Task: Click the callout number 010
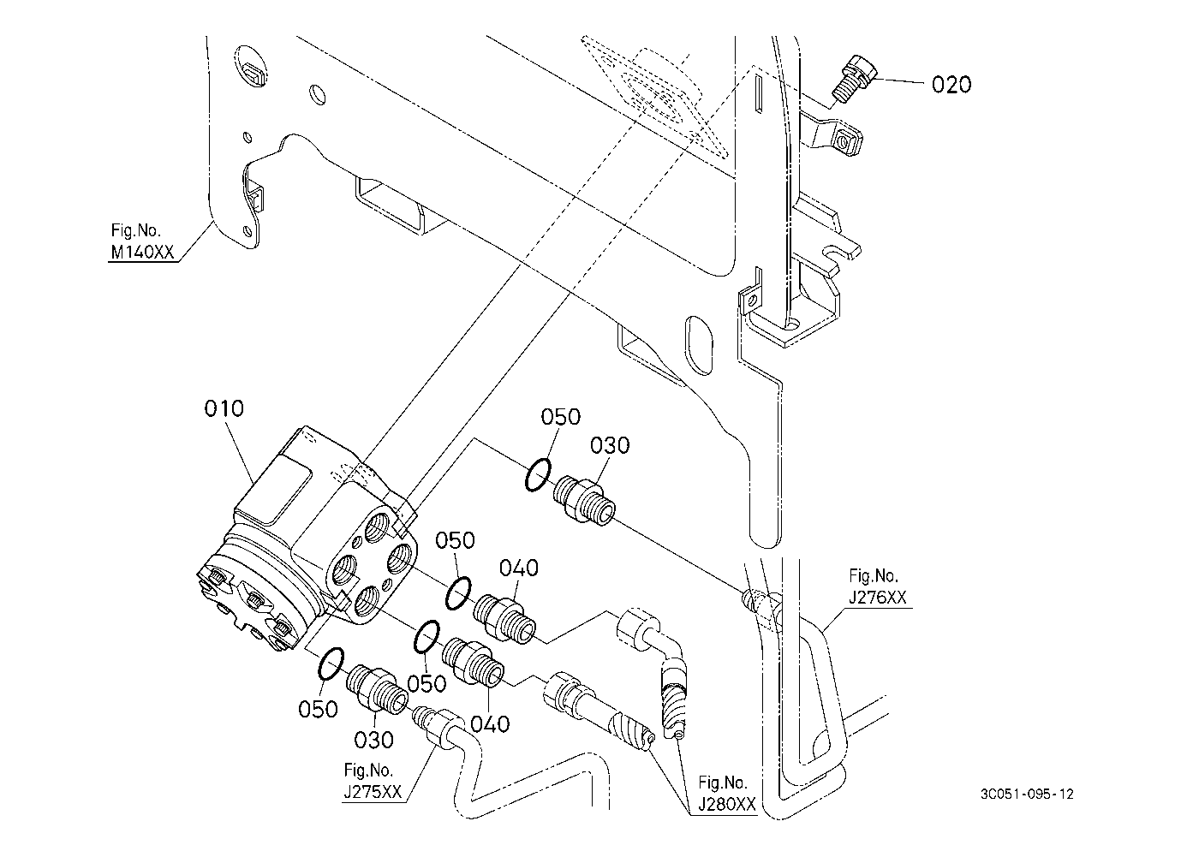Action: tap(224, 408)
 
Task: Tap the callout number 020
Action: tap(951, 84)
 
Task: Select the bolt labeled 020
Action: tap(851, 78)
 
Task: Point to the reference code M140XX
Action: tap(142, 253)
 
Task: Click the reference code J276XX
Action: tap(878, 598)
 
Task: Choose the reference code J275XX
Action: tap(373, 793)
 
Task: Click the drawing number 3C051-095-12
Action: tap(1027, 794)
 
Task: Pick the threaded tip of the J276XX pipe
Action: tap(758, 600)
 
